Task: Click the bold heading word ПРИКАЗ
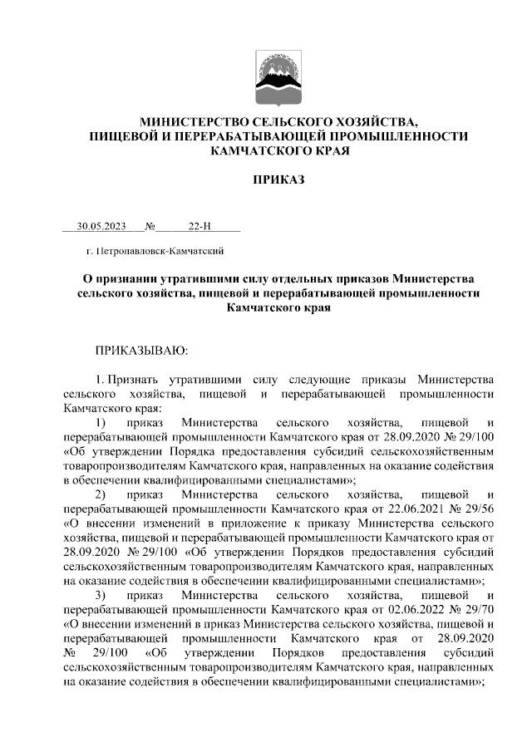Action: pos(279,179)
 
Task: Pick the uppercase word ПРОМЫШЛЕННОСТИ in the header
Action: pos(401,136)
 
